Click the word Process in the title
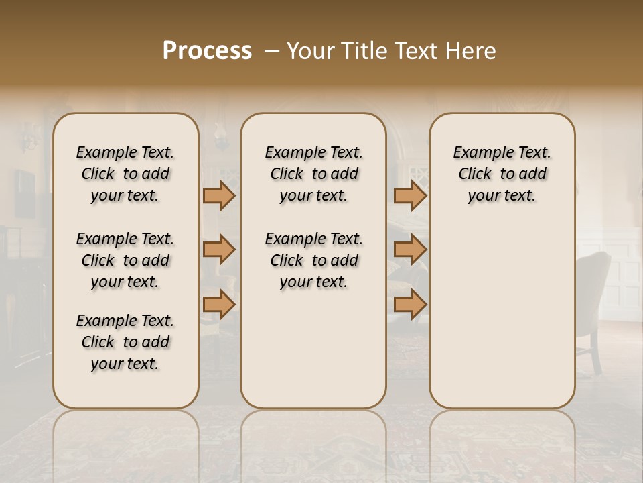[207, 51]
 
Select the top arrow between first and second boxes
[219, 195]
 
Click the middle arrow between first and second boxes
[219, 250]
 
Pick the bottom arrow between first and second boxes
[219, 304]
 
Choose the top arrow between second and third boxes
[410, 195]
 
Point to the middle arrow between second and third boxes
[410, 250]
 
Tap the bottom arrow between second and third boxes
[410, 304]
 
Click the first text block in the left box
[125, 174]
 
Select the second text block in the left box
[125, 260]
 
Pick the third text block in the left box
[125, 342]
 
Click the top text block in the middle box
[313, 174]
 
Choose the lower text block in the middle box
[313, 260]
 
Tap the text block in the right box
[502, 174]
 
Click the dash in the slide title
[272, 52]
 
